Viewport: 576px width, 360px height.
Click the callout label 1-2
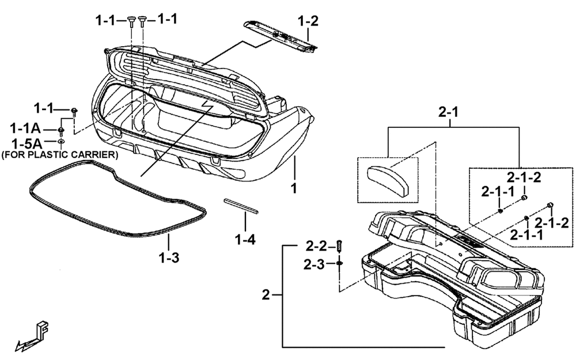click(x=308, y=21)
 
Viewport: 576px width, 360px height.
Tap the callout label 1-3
click(x=169, y=257)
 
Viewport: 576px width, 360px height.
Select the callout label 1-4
click(x=245, y=240)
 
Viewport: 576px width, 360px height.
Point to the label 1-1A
click(x=25, y=128)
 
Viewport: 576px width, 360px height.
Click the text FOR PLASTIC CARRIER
click(x=60, y=154)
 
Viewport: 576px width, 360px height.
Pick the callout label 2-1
click(x=449, y=112)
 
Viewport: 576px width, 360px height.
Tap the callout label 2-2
click(x=316, y=246)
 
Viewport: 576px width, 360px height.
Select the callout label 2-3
click(x=314, y=264)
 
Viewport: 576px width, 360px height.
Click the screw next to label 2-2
click(x=339, y=246)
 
